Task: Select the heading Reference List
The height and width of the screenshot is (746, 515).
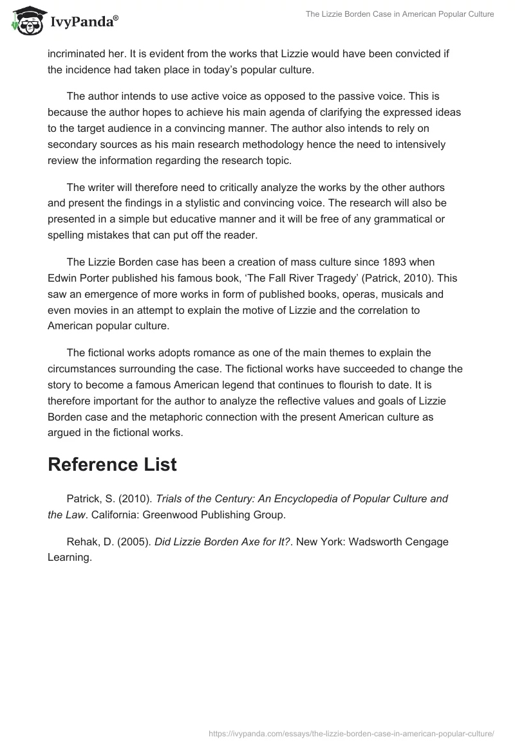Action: (x=112, y=464)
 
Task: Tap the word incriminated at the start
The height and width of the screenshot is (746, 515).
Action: (x=77, y=54)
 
